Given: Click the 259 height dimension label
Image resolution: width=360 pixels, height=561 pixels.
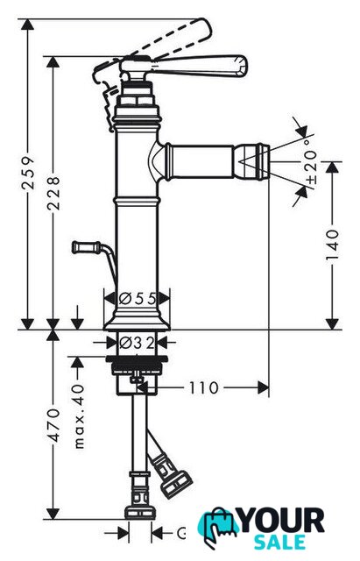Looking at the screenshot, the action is coord(29,173).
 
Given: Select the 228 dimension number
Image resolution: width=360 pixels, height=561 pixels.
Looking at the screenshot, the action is coord(53,193).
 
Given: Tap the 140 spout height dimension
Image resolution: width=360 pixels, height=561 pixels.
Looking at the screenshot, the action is coord(333,245).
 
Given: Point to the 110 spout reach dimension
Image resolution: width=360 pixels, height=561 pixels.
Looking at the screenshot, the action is coord(203,387).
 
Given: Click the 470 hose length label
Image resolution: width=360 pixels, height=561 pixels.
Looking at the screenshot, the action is coord(53,425).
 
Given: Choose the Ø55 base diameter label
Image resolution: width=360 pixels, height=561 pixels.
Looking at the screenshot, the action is coord(138,298).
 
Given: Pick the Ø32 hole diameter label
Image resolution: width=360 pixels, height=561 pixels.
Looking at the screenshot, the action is coord(137,343).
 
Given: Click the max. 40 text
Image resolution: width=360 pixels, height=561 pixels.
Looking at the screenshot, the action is coord(79,416).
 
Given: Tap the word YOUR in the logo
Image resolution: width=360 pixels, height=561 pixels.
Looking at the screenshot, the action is coord(282,521).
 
